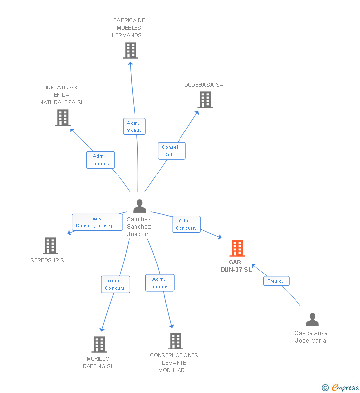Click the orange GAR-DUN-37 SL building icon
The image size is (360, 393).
tap(237, 248)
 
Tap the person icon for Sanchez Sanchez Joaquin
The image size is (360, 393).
tap(139, 206)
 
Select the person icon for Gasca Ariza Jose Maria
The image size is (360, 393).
tap(312, 320)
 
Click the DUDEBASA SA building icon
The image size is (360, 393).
tap(205, 100)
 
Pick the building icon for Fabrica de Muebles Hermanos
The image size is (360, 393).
tap(131, 50)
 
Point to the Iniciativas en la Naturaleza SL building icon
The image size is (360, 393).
tap(63, 118)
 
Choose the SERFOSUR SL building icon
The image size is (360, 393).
tap(50, 245)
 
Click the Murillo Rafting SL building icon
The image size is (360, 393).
tap(99, 344)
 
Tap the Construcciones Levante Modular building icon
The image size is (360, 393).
tap(176, 341)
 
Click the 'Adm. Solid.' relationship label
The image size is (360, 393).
tap(134, 127)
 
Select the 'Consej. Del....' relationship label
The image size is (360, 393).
tap(172, 151)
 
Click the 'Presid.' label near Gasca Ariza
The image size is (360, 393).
tap(276, 281)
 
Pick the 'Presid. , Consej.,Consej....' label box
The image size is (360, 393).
tap(97, 222)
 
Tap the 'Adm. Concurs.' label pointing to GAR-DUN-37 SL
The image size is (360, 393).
tap(186, 224)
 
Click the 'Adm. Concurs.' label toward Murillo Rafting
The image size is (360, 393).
tap(116, 284)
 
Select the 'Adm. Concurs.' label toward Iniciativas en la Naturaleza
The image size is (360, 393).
tap(100, 160)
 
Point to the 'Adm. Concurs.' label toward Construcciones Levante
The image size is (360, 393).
tap(160, 283)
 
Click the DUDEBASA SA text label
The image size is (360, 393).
tap(204, 85)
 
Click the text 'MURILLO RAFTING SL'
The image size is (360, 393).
tap(98, 362)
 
